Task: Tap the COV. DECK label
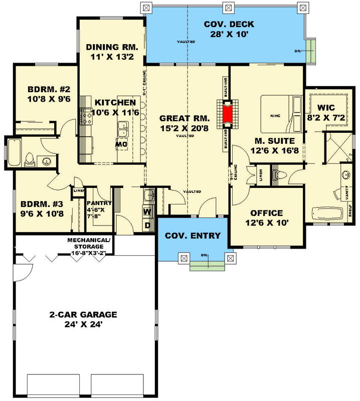[x=229, y=25]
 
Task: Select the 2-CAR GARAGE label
[x=83, y=315]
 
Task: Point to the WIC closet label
[x=326, y=108]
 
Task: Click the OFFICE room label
[x=266, y=213]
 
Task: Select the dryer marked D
[x=147, y=225]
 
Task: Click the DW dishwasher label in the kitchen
[x=121, y=144]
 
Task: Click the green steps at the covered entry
[x=207, y=265]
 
